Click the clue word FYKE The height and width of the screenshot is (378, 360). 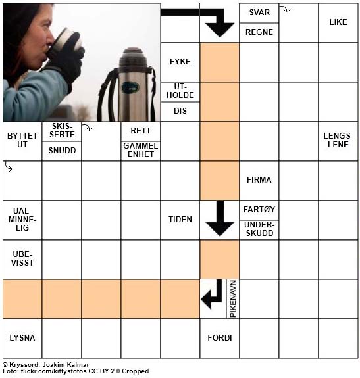180,62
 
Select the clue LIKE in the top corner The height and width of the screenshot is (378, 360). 338,22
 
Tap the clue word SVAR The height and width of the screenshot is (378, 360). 259,12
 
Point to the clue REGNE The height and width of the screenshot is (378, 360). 259,32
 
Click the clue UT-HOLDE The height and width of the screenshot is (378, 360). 180,91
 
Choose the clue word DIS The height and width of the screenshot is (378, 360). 180,111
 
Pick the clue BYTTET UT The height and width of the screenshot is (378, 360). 22,140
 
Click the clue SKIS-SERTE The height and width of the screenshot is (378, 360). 62,130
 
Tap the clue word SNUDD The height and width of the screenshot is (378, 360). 62,150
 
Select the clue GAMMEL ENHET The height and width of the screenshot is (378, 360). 141,150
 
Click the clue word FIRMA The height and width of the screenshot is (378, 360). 259,180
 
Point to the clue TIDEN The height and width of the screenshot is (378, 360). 180,220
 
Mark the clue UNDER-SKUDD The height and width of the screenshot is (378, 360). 259,229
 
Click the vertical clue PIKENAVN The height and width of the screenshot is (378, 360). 233,299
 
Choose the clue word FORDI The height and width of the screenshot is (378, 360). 220,338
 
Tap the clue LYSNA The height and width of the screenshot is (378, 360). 22,338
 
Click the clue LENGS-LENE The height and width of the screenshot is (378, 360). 338,140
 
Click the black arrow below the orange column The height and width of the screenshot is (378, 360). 220,218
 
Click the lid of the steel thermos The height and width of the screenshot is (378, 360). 133,58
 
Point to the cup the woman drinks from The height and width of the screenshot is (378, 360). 66,41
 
